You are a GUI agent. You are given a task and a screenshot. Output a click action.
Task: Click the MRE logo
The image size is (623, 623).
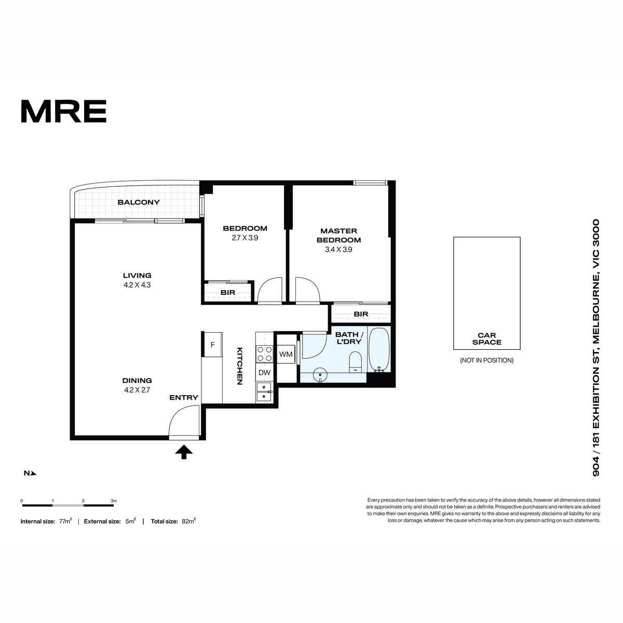pos(64,111)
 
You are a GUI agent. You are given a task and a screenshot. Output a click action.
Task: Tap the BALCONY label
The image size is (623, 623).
pos(139,202)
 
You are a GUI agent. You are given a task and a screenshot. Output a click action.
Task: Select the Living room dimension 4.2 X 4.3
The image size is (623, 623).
pos(137,285)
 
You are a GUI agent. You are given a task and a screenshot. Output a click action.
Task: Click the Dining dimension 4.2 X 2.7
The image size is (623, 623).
pos(137,390)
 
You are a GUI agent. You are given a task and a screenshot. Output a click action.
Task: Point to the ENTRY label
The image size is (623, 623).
pos(184,398)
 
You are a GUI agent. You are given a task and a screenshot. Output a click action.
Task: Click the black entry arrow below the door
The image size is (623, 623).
pos(184,452)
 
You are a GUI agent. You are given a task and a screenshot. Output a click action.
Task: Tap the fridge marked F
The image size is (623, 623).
pos(212,345)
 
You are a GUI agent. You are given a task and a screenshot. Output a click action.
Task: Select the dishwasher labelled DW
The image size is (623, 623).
pos(264,372)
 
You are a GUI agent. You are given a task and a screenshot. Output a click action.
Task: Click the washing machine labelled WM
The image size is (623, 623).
pos(286,355)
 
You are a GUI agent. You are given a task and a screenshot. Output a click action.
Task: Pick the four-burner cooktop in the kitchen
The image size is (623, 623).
pos(264,354)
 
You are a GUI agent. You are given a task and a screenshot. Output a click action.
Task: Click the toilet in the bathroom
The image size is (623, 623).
pos(355,362)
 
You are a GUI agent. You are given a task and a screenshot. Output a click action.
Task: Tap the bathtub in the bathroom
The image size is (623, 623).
pos(379,350)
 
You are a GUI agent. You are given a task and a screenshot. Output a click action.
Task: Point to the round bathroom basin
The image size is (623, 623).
pos(320,375)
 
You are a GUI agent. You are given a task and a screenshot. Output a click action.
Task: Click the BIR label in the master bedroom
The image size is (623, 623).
pos(361,314)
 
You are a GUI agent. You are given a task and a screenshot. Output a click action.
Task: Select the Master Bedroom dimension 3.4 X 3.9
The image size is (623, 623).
pos(338,250)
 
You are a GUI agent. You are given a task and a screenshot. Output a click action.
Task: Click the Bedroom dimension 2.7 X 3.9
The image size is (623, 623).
pos(245,238)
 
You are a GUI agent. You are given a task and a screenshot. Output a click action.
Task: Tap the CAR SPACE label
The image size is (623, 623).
pos(486,338)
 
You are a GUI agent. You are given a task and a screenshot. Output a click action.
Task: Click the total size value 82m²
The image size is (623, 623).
pos(188,521)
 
